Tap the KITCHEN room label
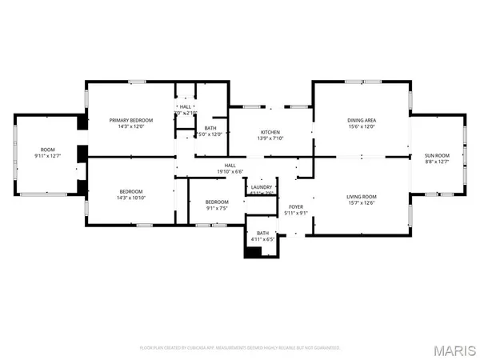click(x=270, y=132)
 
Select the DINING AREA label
click(x=362, y=120)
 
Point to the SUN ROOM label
click(x=436, y=155)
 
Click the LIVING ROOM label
click(x=362, y=196)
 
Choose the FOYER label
click(x=296, y=206)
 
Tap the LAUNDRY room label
click(x=262, y=187)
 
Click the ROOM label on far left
click(x=48, y=150)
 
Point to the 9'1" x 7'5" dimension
click(x=217, y=208)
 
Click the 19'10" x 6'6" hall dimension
click(x=230, y=171)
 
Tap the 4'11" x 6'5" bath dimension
click(x=262, y=239)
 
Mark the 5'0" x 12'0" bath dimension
click(x=210, y=134)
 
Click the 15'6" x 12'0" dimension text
click(x=362, y=126)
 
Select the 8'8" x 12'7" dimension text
click(x=436, y=162)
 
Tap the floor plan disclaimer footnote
click(x=240, y=348)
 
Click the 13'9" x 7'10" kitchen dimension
click(x=270, y=138)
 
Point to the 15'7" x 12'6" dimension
click(x=362, y=202)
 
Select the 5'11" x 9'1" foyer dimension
click(x=296, y=213)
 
